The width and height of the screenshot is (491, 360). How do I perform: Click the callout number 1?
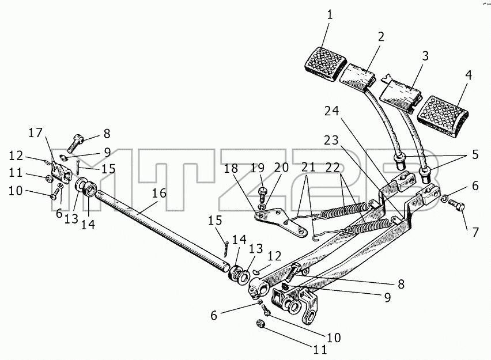pyautogui.click(x=330, y=15)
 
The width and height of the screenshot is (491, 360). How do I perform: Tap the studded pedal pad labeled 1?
pyautogui.click(x=326, y=63)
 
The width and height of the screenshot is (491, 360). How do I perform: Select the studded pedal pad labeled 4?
pyautogui.click(x=443, y=116)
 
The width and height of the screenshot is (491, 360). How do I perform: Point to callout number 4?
pyautogui.click(x=469, y=75)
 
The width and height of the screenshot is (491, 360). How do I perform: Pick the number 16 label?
pyautogui.click(x=160, y=193)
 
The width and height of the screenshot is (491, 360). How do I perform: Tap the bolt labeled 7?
pyautogui.click(x=456, y=206)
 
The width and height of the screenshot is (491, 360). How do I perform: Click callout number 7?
pyautogui.click(x=475, y=232)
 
